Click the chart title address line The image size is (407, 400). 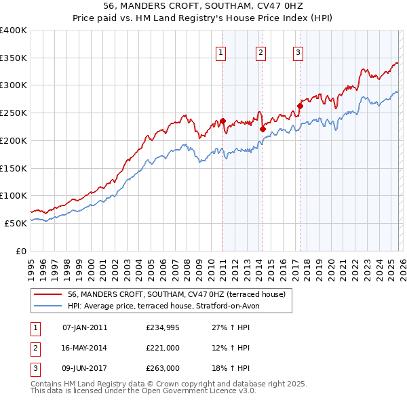(203, 7)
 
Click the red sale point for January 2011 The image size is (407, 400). (222, 121)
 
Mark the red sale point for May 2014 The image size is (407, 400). (263, 129)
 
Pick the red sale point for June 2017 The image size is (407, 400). (299, 106)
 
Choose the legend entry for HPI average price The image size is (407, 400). (168, 306)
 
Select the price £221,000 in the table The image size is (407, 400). (163, 348)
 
